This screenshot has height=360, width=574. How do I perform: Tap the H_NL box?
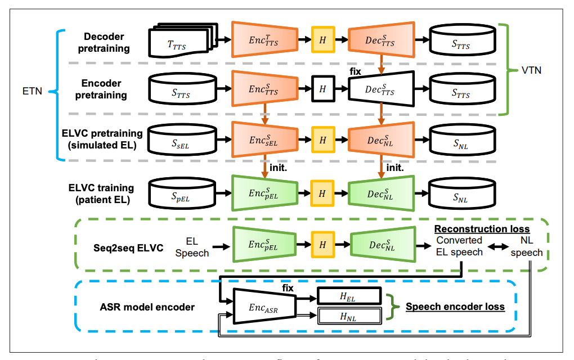(349, 317)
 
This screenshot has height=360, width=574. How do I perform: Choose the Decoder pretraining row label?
(104, 41)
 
